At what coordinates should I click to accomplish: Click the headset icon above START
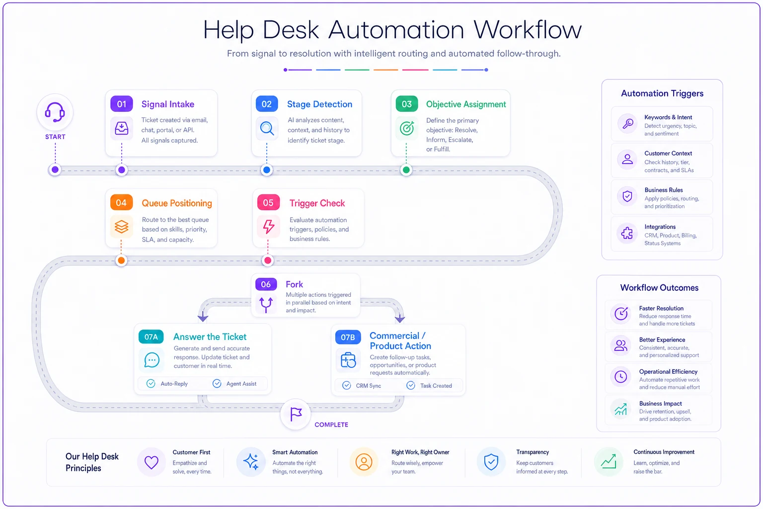coord(55,112)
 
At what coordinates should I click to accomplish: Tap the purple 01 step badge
coord(122,104)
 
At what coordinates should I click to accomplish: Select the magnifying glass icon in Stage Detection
coord(267,129)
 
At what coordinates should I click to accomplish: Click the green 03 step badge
coord(407,104)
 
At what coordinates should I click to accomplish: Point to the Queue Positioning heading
coord(177,203)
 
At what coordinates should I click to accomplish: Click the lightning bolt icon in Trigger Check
coord(268,226)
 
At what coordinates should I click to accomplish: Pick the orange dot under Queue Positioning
coord(121,260)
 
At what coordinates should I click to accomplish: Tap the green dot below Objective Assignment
coord(406,170)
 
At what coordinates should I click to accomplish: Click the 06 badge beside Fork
coord(266,284)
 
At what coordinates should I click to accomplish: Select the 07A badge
coord(151,337)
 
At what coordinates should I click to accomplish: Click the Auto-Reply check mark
coord(151,384)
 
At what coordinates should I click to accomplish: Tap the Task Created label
coord(436,386)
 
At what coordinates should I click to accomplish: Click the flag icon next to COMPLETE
coord(296,414)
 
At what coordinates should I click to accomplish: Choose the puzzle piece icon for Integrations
coord(627,234)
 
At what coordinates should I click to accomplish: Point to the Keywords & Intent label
coord(668,117)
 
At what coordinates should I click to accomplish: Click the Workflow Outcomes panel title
coord(659,288)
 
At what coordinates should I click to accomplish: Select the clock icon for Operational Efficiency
coord(620,377)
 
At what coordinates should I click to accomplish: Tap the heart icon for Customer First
coord(151,462)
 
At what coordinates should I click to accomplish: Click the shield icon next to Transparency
coord(491,462)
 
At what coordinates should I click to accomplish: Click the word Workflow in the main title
coord(528,30)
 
